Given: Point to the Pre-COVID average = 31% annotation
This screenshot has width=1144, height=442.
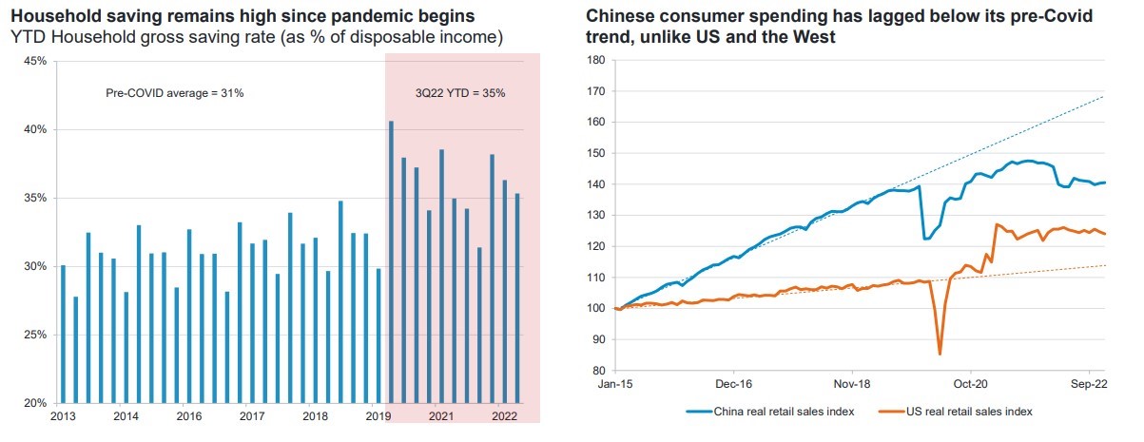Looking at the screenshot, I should [x=174, y=93].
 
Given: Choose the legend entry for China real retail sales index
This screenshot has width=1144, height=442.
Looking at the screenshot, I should [x=768, y=411].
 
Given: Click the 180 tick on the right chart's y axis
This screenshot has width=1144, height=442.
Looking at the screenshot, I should [x=597, y=60].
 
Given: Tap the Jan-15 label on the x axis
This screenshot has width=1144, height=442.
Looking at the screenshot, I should [x=617, y=387].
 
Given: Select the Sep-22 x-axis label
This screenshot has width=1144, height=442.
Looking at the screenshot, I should [x=1087, y=387].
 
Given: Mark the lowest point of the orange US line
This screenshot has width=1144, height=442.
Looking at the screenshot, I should [x=940, y=354].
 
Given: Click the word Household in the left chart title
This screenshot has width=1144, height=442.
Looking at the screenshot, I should [x=53, y=16].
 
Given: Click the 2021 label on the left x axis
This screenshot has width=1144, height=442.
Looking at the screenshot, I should [x=440, y=416].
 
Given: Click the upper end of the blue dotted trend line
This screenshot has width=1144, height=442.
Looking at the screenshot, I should [x=1103, y=97].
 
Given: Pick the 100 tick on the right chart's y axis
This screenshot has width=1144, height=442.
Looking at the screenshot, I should [x=597, y=308].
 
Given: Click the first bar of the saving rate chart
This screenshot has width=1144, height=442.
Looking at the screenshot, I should [x=64, y=334].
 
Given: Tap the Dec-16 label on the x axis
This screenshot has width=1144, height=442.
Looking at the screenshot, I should [x=734, y=387].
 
